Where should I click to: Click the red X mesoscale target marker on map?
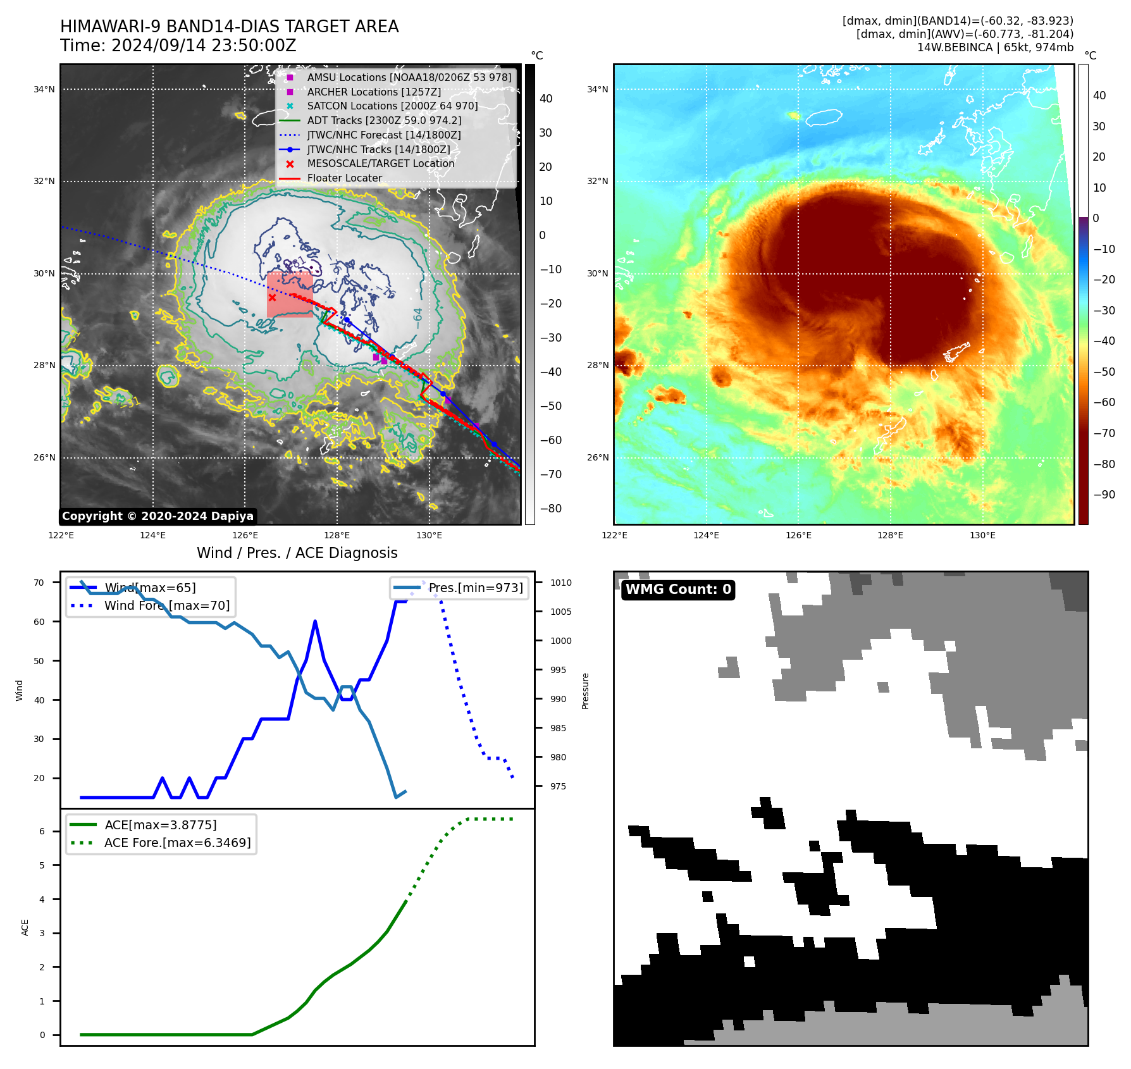pyautogui.click(x=272, y=297)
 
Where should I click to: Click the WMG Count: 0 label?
pyautogui.click(x=678, y=590)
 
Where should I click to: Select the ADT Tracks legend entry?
pyautogui.click(x=384, y=120)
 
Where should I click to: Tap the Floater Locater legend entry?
pyautogui.click(x=344, y=178)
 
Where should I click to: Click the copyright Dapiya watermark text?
pyautogui.click(x=158, y=516)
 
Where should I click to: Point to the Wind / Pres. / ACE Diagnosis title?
pyautogui.click(x=297, y=553)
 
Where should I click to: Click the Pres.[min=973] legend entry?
pyautogui.click(x=476, y=588)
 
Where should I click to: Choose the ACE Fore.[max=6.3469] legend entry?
pyautogui.click(x=177, y=843)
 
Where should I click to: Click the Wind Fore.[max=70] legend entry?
pyautogui.click(x=167, y=605)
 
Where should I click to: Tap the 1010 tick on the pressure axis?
pyautogui.click(x=560, y=583)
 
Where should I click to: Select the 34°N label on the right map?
pyautogui.click(x=597, y=89)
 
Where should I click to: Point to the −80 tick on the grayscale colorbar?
pyautogui.click(x=550, y=509)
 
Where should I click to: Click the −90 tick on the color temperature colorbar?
pyautogui.click(x=1104, y=495)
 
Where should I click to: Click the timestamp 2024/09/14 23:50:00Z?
pyautogui.click(x=204, y=46)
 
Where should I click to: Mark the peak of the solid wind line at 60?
pyautogui.click(x=315, y=622)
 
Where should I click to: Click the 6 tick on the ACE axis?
pyautogui.click(x=42, y=831)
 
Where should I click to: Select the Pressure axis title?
pyautogui.click(x=585, y=691)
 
